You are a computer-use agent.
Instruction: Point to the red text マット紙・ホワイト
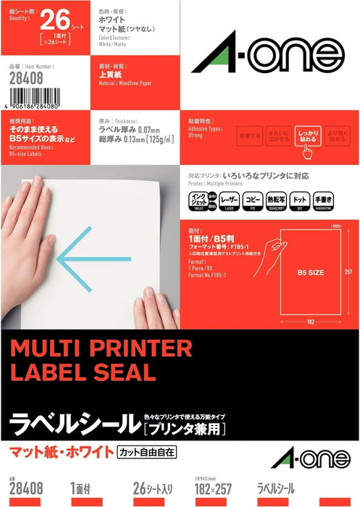point(58,453)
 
